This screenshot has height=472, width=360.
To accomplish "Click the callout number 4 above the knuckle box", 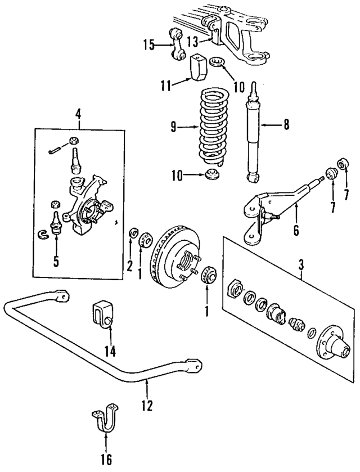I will click(78, 114).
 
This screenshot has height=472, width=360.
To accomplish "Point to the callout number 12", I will click(147, 404).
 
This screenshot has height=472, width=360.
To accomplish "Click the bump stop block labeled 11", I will click(200, 69).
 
